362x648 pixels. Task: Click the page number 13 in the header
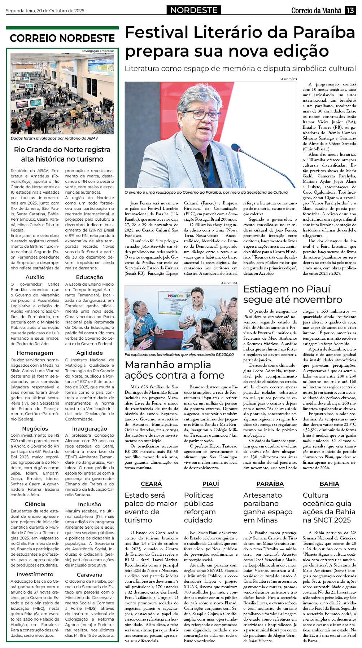pos(350,10)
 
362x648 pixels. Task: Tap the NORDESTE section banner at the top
pos(193,10)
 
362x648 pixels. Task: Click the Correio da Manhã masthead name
pos(316,10)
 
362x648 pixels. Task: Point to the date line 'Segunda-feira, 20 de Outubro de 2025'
pos(45,11)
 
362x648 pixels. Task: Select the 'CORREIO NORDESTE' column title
pos(62,38)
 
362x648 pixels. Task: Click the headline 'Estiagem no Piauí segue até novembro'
pos(292,294)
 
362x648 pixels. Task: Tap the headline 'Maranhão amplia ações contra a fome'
pos(174,370)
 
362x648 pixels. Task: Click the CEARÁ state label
pos(151,484)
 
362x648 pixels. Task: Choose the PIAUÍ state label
pos(210,484)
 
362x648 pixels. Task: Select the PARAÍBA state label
pos(270,484)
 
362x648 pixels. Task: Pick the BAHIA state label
pos(329,484)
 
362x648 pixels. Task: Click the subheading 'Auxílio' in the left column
pos(35,277)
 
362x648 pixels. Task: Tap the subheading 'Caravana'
pos(90,574)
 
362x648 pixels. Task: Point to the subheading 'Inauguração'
pos(90,428)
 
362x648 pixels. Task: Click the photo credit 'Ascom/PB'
pos(289,79)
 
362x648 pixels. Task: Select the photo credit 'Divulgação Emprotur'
pos(98,51)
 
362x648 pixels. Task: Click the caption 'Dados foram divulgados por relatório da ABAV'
pos(54,138)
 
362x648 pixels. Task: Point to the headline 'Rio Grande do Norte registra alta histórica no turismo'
pos(62,154)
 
